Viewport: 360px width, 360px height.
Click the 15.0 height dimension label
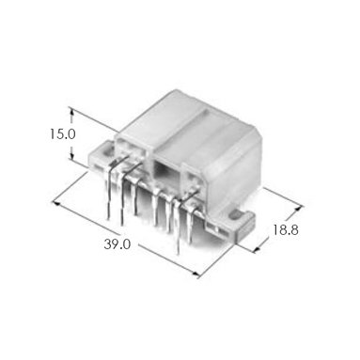(x=63, y=134)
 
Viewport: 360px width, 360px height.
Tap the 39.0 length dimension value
(x=117, y=244)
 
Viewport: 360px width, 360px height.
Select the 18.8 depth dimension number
(x=285, y=230)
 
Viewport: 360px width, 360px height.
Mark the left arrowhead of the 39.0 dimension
(x=55, y=203)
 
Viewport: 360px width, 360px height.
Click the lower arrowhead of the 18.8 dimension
(x=257, y=249)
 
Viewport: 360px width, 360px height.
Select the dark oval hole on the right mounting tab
(x=235, y=215)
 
